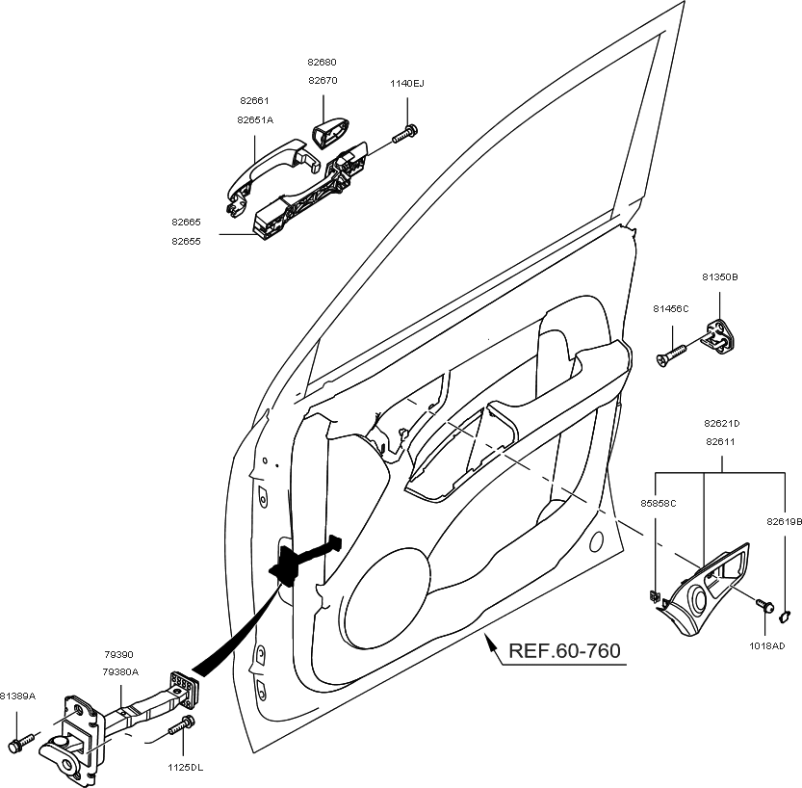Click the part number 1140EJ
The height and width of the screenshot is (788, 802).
406,84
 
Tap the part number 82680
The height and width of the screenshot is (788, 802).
322,62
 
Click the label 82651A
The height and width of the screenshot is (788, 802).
255,120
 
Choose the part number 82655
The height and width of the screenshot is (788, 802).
186,241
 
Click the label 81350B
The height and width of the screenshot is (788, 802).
719,276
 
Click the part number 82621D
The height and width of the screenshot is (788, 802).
722,423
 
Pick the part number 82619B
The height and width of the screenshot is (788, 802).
784,520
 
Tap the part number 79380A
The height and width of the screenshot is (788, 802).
121,671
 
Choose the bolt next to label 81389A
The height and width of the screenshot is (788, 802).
16,745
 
